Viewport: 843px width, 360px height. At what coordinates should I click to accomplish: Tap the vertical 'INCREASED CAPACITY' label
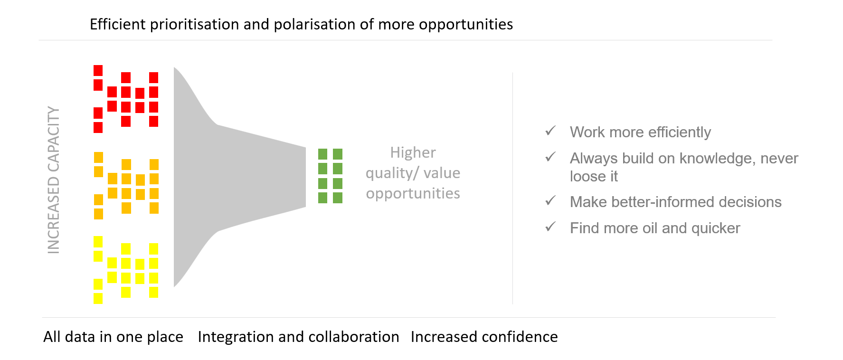[x=54, y=180]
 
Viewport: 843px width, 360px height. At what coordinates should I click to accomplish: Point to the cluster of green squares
[x=330, y=176]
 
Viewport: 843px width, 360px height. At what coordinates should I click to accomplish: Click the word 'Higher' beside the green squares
[x=413, y=152]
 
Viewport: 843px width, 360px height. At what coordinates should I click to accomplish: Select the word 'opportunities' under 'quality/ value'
[x=413, y=193]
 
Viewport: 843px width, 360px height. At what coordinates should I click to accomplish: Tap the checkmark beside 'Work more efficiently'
[x=550, y=131]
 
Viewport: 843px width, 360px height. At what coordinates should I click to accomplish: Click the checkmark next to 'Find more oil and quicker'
[x=550, y=227]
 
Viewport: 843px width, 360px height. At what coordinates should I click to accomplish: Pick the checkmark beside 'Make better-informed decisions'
[x=550, y=200]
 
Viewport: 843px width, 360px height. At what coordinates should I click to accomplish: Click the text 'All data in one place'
[x=113, y=337]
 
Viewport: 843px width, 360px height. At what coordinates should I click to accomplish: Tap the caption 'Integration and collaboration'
[x=298, y=337]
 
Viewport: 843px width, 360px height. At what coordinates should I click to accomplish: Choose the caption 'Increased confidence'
[x=484, y=337]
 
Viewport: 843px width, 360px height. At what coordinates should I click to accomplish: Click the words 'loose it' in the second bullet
[x=594, y=176]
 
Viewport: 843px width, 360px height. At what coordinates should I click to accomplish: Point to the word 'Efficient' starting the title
[x=118, y=24]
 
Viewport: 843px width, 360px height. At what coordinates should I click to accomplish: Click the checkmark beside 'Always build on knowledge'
[x=550, y=157]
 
